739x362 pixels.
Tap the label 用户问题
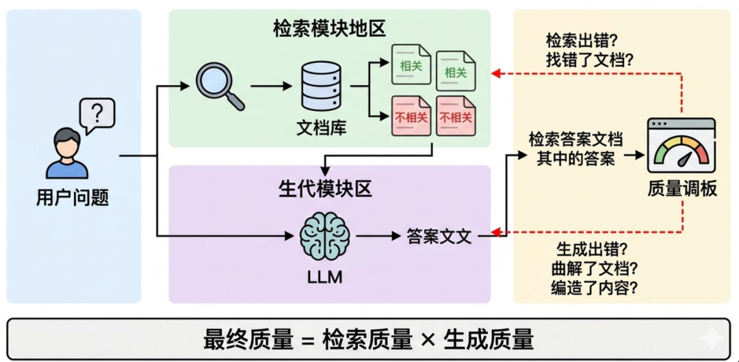point(73,198)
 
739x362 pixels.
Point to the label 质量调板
point(682,189)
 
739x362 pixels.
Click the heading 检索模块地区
point(329,29)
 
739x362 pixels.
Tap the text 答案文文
point(439,235)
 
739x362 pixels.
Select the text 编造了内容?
point(595,287)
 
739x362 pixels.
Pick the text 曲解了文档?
point(595,268)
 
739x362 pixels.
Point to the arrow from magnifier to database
point(271,87)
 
